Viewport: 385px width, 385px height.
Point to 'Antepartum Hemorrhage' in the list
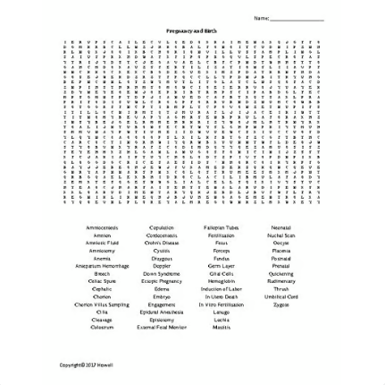pyautogui.click(x=101, y=266)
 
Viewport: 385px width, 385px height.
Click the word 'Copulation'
pyautogui.click(x=162, y=227)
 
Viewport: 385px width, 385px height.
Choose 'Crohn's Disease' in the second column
pyautogui.click(x=162, y=242)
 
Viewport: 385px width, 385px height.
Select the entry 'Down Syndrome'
pyautogui.click(x=162, y=271)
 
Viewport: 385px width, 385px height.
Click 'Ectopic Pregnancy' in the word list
pyautogui.click(x=162, y=281)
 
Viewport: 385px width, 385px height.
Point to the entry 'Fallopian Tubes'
pyautogui.click(x=221, y=227)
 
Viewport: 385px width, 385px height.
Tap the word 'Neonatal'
pyautogui.click(x=280, y=227)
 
